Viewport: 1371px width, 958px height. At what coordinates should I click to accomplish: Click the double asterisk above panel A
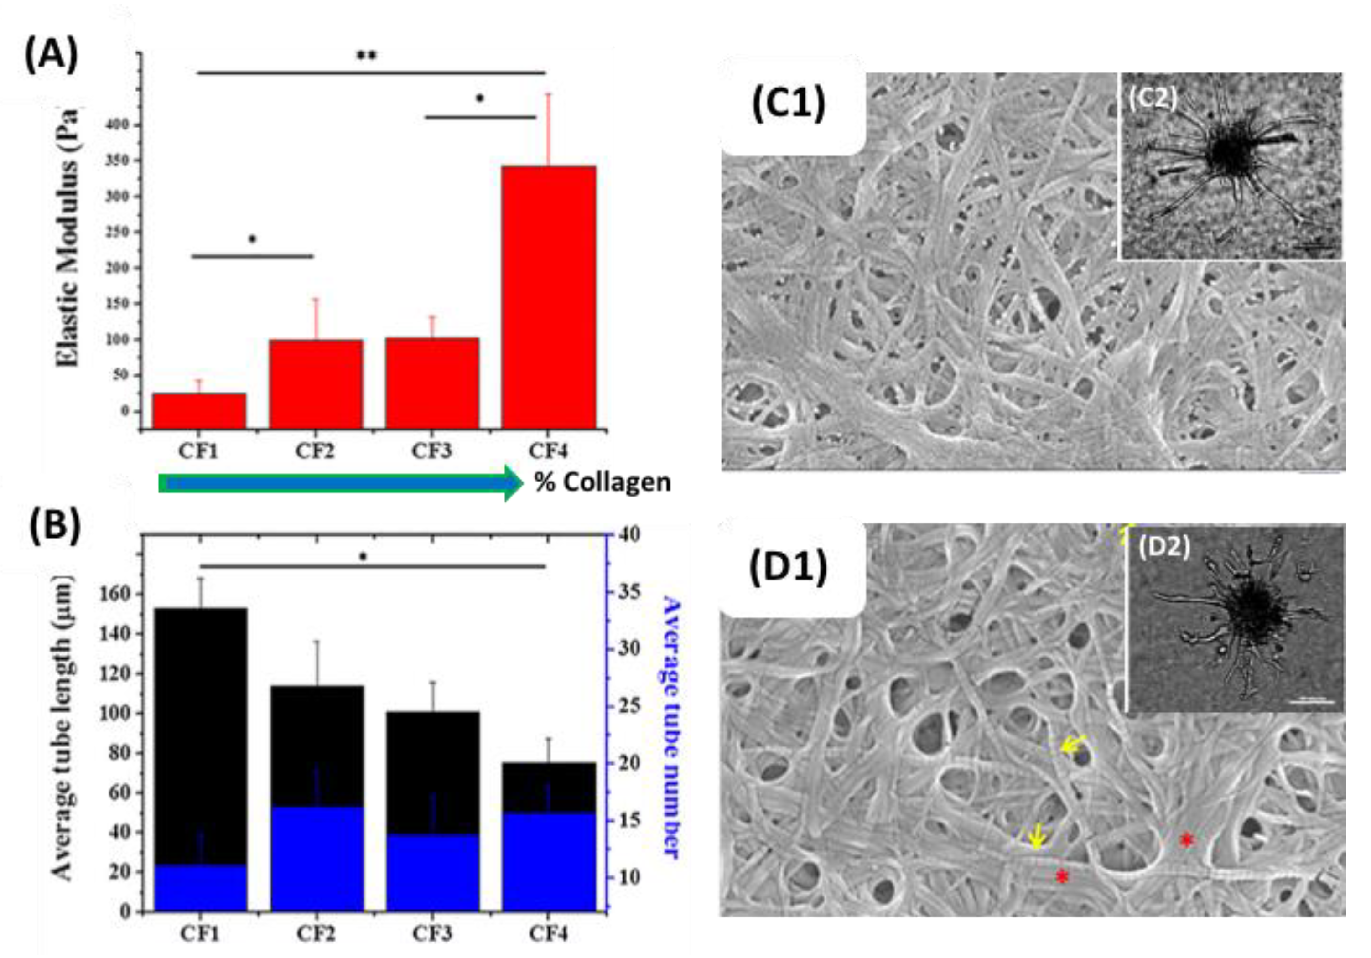[x=366, y=56]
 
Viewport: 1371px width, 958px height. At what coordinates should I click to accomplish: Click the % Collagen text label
[x=602, y=482]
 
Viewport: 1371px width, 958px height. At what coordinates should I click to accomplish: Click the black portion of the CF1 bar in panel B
[x=200, y=734]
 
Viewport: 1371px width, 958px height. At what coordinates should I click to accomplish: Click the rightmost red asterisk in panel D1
[x=1186, y=841]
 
